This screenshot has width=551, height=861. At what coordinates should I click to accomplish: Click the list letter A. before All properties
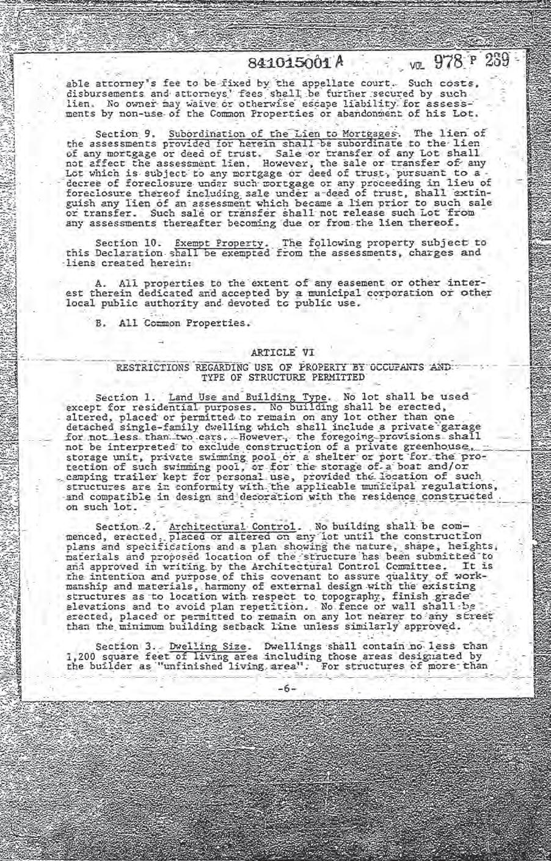[101, 283]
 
